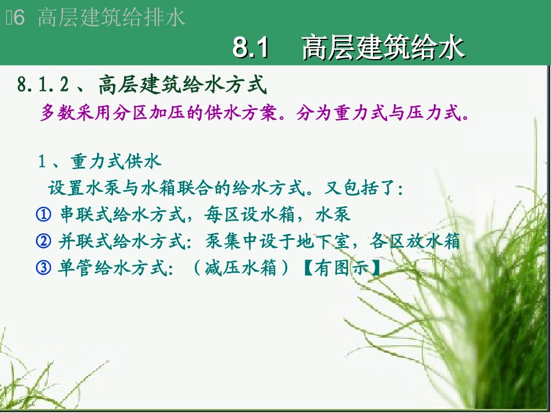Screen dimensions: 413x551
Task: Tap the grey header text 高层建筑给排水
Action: [111, 18]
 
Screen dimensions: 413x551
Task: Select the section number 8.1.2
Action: [43, 85]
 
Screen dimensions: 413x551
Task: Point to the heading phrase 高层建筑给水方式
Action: [182, 85]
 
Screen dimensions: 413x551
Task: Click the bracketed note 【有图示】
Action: [343, 268]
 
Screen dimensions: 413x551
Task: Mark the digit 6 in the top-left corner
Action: [19, 18]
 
